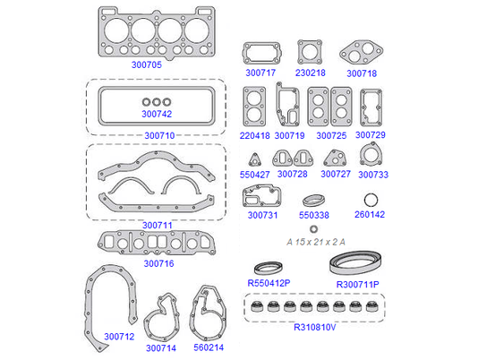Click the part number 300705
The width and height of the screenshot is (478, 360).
click(x=146, y=64)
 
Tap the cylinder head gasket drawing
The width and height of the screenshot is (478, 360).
click(x=157, y=33)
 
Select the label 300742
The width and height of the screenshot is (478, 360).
click(x=157, y=114)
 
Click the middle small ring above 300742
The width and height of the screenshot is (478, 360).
click(x=157, y=102)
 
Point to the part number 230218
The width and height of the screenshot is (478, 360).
click(x=310, y=73)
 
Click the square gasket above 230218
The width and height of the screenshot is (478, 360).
click(x=310, y=52)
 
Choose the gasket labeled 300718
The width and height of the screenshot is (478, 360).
click(x=362, y=52)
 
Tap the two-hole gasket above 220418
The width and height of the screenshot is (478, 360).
click(x=254, y=107)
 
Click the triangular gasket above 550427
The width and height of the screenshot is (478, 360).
click(x=254, y=159)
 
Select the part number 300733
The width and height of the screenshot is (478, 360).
click(x=373, y=175)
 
